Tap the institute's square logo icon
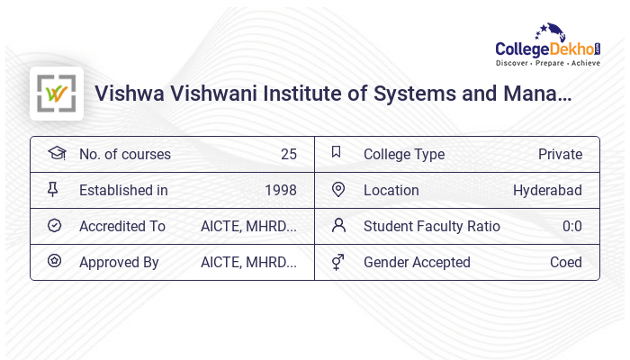click(57, 94)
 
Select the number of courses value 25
click(288, 154)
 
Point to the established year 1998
click(280, 190)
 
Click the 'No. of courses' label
click(124, 154)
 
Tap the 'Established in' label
click(123, 190)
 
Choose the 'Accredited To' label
click(121, 226)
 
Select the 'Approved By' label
click(119, 262)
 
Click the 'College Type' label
click(403, 154)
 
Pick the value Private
click(560, 154)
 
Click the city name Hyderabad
click(547, 190)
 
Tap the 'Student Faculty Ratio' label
click(431, 226)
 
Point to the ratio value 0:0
click(571, 226)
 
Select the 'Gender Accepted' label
click(417, 262)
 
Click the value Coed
click(565, 262)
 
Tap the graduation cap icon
click(56, 153)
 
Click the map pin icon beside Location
click(338, 189)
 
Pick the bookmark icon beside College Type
click(337, 152)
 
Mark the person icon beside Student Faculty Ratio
click(338, 225)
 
